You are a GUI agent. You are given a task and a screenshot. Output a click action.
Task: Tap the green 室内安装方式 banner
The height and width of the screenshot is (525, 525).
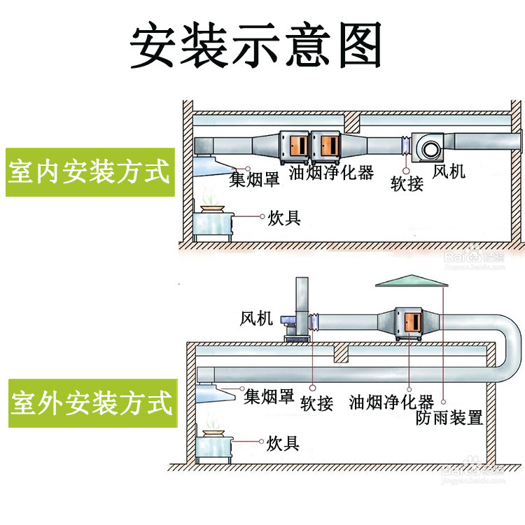point(89,171)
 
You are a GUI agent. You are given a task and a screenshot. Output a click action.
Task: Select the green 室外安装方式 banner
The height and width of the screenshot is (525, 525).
point(91,403)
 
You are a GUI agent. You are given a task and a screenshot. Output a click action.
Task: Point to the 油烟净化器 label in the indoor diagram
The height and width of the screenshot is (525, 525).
point(332,171)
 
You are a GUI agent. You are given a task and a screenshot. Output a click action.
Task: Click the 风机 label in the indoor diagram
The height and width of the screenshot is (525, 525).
point(449,170)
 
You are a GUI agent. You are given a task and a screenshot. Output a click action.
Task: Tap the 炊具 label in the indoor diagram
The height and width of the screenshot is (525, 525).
point(284,218)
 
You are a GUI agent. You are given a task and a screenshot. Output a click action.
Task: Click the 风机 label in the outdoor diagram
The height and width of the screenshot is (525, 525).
point(256,319)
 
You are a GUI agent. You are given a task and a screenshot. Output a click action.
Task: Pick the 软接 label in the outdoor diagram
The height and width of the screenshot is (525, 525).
point(316,403)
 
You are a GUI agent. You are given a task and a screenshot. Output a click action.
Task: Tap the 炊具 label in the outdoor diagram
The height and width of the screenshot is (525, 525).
point(283,442)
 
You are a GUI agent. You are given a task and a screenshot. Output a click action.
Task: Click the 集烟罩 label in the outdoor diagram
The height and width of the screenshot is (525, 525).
point(269,398)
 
